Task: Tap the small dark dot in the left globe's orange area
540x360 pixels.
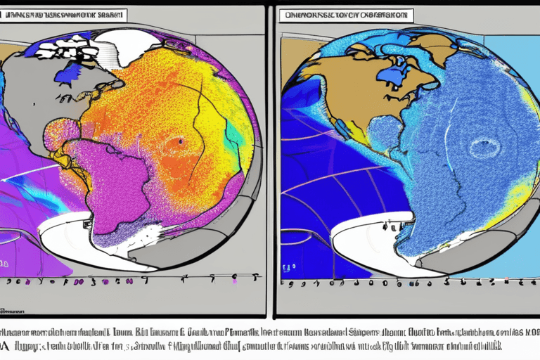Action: click(180, 141)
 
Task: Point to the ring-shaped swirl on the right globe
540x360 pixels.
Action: click(484, 147)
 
